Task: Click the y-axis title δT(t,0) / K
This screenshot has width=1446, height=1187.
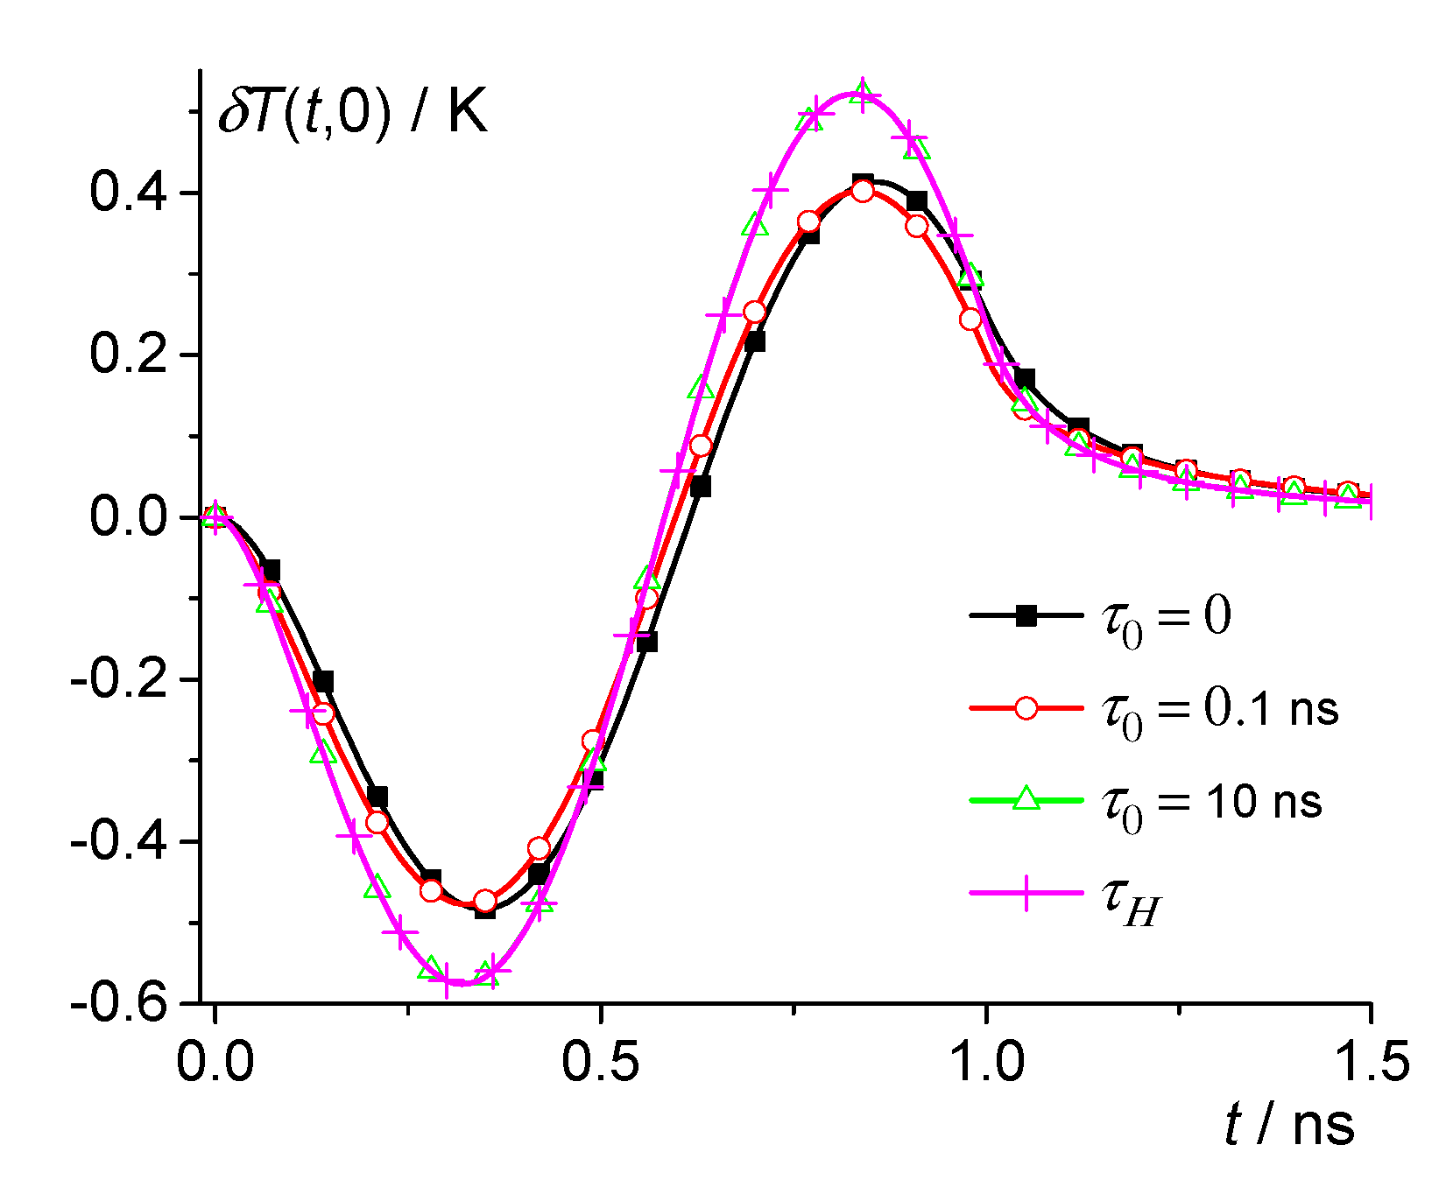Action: click(352, 114)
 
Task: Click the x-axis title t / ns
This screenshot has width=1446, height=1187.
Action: click(1288, 1124)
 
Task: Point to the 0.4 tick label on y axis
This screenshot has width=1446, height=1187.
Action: click(129, 193)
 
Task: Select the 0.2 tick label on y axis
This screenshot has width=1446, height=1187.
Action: click(129, 355)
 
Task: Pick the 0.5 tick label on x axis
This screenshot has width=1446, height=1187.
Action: click(600, 1062)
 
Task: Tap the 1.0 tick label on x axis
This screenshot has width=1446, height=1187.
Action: click(986, 1062)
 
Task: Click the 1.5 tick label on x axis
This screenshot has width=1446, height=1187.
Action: click(1371, 1062)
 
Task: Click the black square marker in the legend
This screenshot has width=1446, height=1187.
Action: click(1026, 616)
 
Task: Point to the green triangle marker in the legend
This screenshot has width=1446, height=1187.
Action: click(1026, 799)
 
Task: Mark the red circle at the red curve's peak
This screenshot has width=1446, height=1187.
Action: click(863, 191)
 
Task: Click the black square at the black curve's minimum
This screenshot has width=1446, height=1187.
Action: click(484, 908)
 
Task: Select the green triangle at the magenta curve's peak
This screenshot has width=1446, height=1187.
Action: click(863, 90)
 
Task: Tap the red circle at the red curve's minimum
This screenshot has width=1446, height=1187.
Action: click(484, 901)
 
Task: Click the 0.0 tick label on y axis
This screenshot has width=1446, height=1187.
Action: click(129, 517)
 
